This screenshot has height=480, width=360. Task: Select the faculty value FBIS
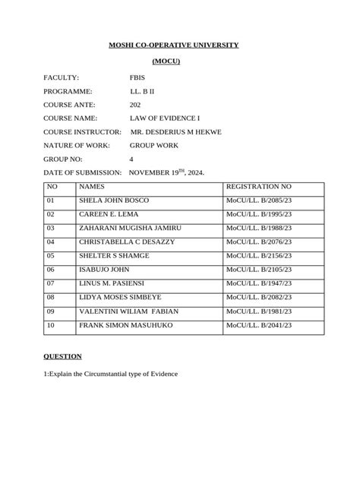138,77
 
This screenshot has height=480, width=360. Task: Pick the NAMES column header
92,187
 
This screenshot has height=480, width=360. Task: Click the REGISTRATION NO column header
258,187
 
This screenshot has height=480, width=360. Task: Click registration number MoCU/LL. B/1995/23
258,214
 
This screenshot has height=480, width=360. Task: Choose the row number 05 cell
52,256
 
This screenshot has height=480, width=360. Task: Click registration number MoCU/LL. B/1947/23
258,283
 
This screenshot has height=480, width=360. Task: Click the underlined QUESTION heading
62,356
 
